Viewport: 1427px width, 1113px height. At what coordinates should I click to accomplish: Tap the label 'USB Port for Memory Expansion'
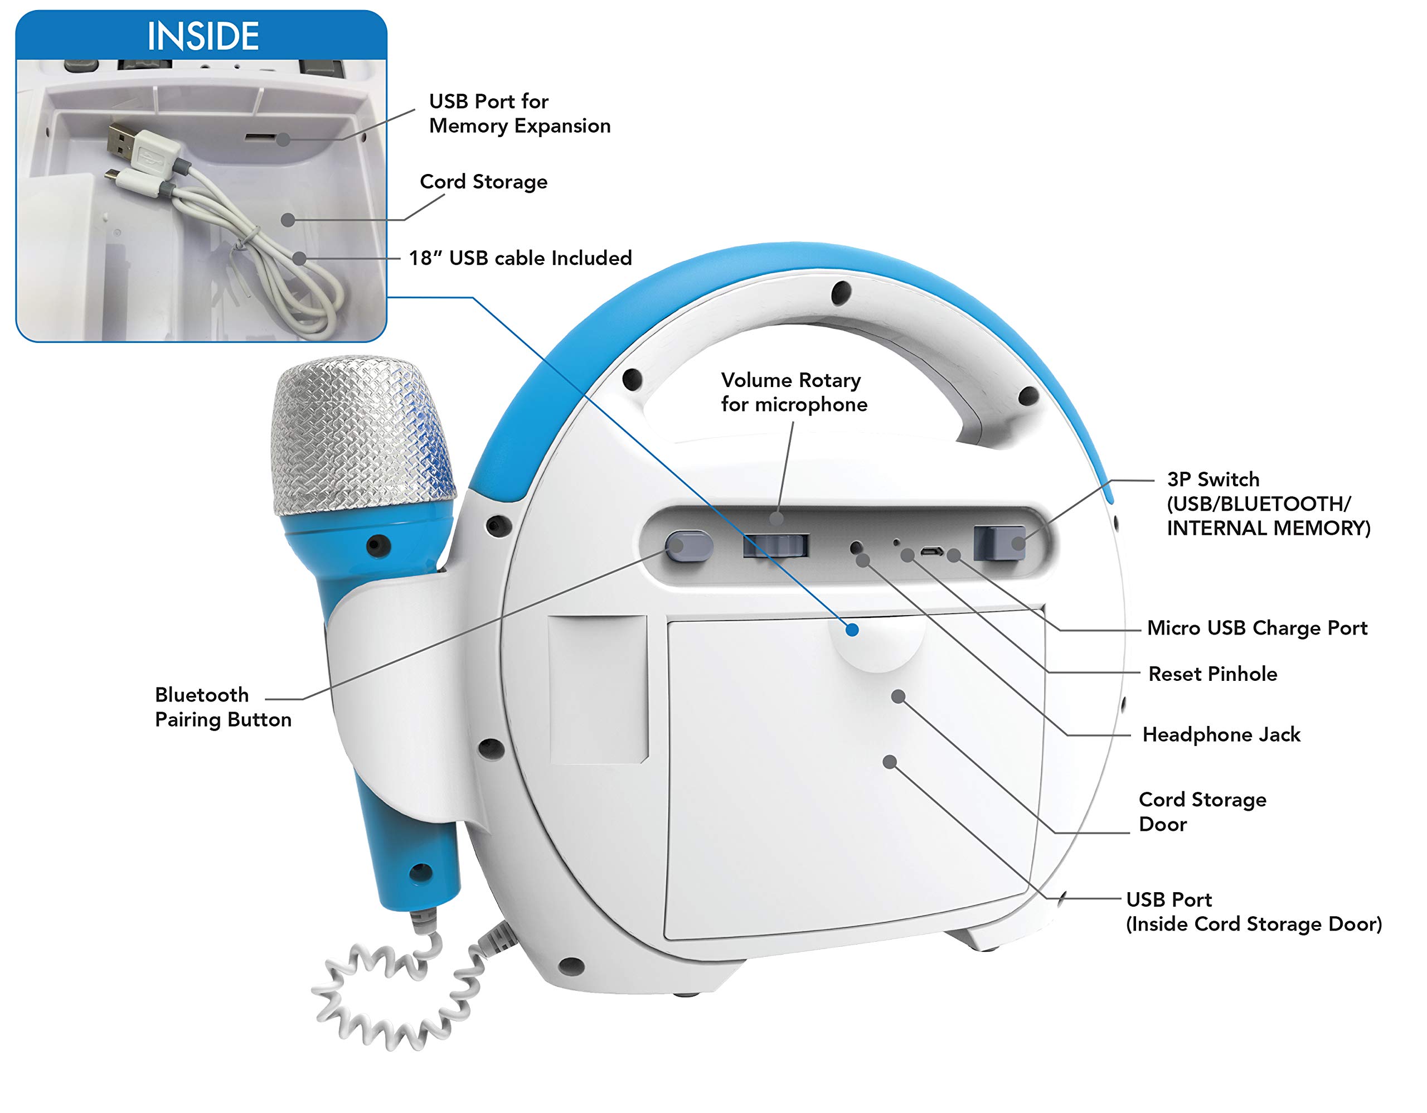tap(520, 113)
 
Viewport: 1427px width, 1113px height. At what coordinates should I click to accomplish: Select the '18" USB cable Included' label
tap(520, 258)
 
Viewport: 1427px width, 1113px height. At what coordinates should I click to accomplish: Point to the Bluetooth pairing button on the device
tap(688, 546)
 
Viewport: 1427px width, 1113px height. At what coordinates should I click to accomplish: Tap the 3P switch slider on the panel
tap(999, 543)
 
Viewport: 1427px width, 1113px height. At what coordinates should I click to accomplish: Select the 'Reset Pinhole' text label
tap(1213, 674)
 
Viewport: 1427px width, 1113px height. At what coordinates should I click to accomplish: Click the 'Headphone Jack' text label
tap(1221, 734)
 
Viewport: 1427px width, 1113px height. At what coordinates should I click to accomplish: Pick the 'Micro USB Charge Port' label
tap(1257, 628)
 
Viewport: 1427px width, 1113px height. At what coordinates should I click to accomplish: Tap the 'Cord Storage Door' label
tap(1202, 812)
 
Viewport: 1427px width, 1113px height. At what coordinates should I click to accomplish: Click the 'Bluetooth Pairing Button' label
tap(223, 707)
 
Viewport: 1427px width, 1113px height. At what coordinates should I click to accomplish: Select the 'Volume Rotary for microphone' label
tap(794, 392)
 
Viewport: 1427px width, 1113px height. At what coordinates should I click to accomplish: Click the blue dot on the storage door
tap(852, 630)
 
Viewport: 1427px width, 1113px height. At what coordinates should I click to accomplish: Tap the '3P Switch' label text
tap(1214, 479)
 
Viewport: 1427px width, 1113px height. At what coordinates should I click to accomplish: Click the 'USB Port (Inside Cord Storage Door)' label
tap(1254, 912)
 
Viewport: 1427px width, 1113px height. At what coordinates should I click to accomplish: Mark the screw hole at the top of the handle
tap(841, 293)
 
